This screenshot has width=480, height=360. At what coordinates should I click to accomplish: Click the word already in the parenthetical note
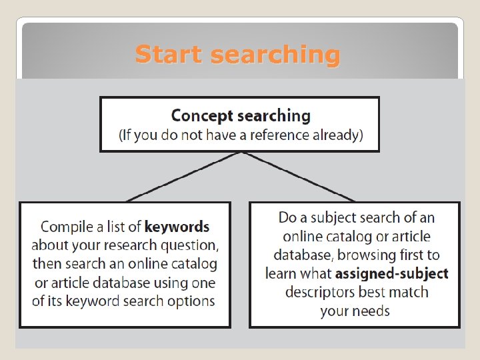tap(337, 135)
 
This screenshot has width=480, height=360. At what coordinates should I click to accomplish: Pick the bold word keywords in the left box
tap(177, 227)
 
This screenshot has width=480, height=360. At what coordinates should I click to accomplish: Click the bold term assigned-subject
tap(392, 273)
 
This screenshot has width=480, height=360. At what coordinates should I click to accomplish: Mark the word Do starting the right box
tap(287, 217)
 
